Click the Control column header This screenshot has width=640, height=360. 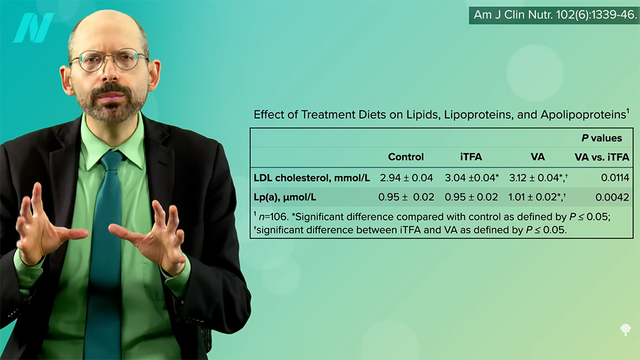click(406, 157)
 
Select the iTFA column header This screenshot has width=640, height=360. click(471, 157)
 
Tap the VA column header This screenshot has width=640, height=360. click(538, 157)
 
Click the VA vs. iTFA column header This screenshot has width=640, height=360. click(602, 157)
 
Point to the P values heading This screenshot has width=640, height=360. click(602, 139)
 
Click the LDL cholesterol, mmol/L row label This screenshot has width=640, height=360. click(312, 178)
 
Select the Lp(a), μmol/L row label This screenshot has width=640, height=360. click(285, 197)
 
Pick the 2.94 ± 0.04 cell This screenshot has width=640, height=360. click(406, 178)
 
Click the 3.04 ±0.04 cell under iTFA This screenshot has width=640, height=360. click(471, 178)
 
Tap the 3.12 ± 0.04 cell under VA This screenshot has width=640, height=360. click(538, 178)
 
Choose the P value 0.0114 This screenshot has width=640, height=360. click(615, 178)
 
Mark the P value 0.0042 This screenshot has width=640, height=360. click(612, 198)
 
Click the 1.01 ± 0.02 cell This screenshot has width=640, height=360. click(536, 197)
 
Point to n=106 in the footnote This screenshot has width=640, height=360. click(274, 217)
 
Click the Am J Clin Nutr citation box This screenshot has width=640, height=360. click(554, 15)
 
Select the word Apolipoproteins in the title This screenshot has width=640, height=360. click(584, 115)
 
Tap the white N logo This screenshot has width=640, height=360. click(33, 28)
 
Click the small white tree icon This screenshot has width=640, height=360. click(626, 329)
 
